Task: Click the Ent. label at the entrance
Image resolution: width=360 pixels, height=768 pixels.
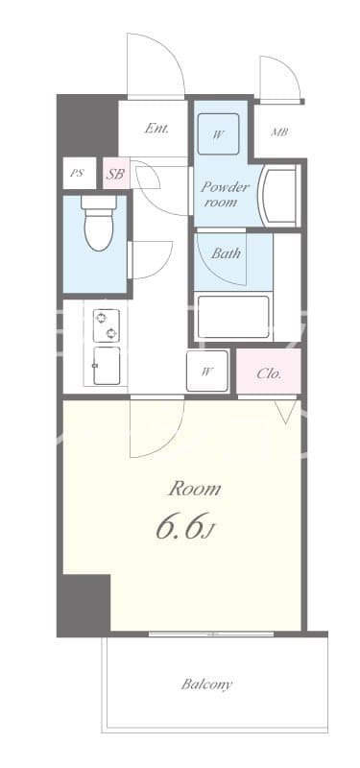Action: pos(157,129)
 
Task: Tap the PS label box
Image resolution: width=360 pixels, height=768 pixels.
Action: pos(77,174)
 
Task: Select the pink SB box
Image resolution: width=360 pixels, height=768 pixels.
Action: pos(115,174)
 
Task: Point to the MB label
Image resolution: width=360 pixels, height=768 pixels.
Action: pos(279,132)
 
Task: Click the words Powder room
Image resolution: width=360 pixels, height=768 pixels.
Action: pos(225,193)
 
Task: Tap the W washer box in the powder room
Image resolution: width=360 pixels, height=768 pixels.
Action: pos(219,134)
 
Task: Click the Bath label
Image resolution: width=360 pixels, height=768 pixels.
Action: pos(226,254)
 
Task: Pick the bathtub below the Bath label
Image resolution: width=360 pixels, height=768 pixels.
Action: pos(234,317)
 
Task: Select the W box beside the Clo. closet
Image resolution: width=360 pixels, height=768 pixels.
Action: pos(208,372)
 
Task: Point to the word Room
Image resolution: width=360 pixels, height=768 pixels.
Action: pos(195,489)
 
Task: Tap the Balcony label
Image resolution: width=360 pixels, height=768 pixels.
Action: pos(206,684)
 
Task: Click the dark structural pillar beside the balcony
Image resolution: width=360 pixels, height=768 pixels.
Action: pos(84,604)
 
